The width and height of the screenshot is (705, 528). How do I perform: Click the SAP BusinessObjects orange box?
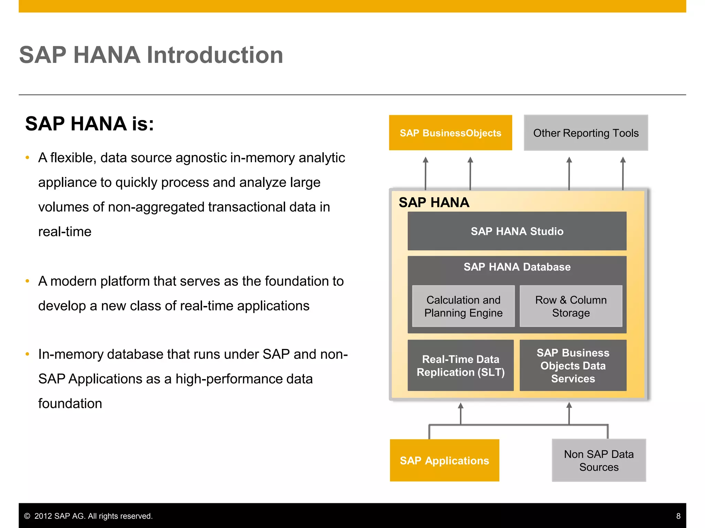pos(450,133)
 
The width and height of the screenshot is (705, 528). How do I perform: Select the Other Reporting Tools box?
pos(586,133)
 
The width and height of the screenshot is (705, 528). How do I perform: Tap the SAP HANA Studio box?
pos(517,231)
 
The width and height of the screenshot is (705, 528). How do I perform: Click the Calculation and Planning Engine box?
pos(463,306)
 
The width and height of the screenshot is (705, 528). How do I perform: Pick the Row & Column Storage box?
pos(571,306)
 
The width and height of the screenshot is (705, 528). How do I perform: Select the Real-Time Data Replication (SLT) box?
pos(461,365)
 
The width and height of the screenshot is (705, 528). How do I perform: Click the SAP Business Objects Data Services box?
pos(573,365)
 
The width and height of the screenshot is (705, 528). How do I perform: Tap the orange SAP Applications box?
pos(444,460)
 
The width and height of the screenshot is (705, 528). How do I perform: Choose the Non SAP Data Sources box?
pos(599,460)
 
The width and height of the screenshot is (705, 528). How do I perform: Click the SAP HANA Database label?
pos(517,267)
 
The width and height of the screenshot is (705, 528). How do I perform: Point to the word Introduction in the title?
pos(215,55)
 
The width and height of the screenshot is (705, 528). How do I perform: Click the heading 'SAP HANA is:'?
pos(90,124)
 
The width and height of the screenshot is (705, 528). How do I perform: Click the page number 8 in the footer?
pos(678,516)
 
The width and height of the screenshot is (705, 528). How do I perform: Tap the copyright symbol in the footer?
pos(27,516)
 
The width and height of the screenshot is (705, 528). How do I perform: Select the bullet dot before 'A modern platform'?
pos(28,281)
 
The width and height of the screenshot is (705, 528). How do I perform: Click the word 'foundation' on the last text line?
pos(70,404)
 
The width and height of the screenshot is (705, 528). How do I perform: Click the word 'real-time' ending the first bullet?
pos(65,232)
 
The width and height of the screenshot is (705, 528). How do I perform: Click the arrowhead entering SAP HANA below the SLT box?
pos(461,406)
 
